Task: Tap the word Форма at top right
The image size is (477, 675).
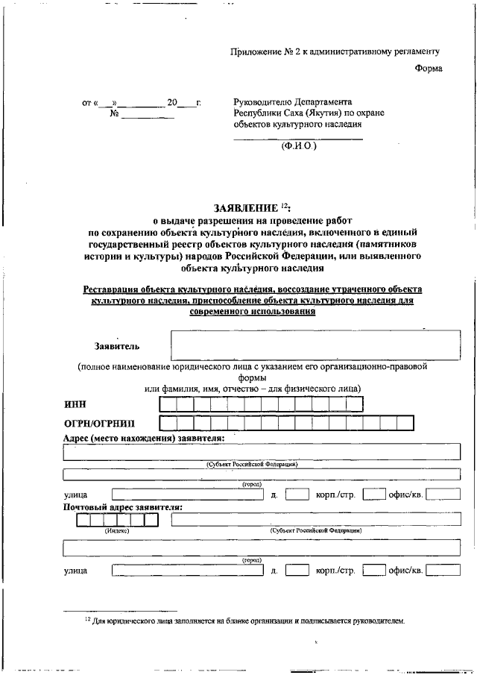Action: click(428, 69)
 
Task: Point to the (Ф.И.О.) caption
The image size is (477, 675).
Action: click(298, 146)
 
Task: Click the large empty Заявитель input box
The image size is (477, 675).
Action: click(313, 346)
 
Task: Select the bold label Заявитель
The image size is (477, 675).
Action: click(116, 346)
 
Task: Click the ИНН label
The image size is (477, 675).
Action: click(75, 404)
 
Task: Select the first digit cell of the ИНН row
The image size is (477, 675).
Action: click(168, 404)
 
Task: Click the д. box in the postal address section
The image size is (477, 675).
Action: click(297, 571)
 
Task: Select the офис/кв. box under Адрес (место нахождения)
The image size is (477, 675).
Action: click(443, 494)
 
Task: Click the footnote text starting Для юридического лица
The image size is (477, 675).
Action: click(247, 620)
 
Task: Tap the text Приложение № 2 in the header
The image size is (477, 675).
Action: click(266, 51)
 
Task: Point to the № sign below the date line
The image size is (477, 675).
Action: click(115, 114)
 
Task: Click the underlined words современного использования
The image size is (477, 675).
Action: click(254, 311)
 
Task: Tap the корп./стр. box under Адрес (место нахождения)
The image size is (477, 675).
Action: click(373, 494)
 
